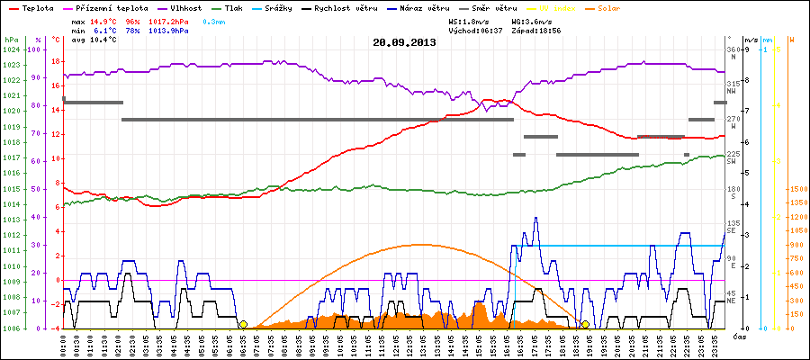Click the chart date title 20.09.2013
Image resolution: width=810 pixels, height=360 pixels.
[404, 42]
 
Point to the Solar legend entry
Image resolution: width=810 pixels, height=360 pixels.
[621, 7]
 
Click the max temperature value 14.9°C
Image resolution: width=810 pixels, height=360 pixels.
[105, 20]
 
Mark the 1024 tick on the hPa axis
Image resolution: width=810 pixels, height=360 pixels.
[11, 49]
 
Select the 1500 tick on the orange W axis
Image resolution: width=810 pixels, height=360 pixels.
[796, 190]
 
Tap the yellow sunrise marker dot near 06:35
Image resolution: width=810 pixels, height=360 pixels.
[243, 324]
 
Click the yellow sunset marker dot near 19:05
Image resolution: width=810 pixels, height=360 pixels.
[585, 324]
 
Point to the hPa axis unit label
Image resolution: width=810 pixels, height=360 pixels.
[11, 40]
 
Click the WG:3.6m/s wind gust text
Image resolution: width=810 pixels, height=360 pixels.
[530, 20]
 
